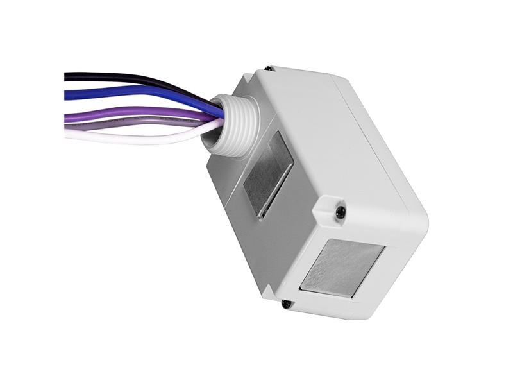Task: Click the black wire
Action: (128, 78)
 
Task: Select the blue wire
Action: (128, 91)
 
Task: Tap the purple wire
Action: (128, 113)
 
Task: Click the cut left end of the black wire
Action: (66, 76)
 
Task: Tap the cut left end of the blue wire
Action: (66, 95)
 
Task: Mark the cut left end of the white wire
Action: (66, 135)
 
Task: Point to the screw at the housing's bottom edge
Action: (286, 304)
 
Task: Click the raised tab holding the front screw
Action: (332, 209)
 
